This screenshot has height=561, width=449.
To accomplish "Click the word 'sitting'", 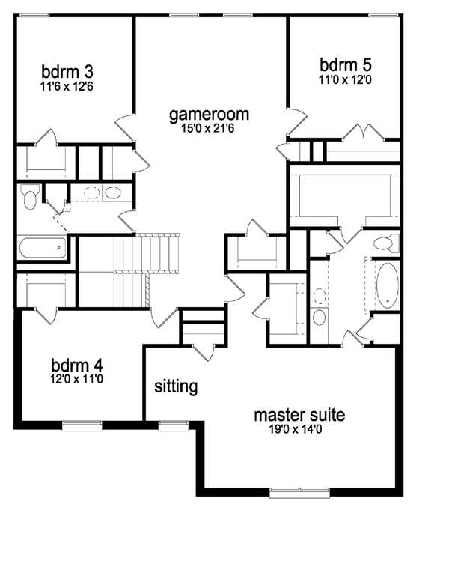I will (x=176, y=386).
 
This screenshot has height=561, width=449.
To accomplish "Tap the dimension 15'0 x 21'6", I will (x=209, y=130).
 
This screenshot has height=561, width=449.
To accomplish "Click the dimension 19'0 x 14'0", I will (x=299, y=430).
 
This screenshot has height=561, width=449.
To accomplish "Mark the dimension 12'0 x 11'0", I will (x=76, y=380).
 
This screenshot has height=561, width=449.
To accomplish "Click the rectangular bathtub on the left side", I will (x=42, y=247).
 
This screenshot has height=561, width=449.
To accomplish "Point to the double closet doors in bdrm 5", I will (x=364, y=135).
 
